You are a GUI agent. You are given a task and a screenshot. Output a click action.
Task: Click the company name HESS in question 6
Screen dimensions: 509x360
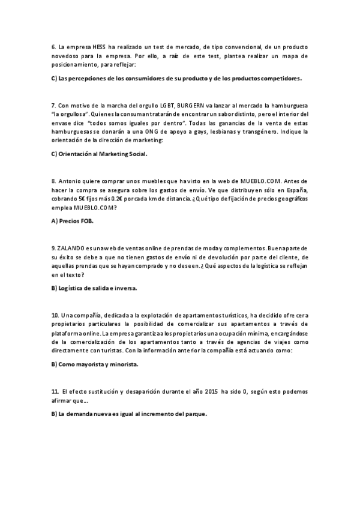[x=97, y=47]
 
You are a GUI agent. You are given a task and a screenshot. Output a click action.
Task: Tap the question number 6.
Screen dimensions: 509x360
[x=53, y=47]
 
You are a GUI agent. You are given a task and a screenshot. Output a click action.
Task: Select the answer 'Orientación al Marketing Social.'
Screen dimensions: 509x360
[x=99, y=154]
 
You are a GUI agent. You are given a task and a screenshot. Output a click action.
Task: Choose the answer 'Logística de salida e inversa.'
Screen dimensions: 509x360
[x=94, y=288]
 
